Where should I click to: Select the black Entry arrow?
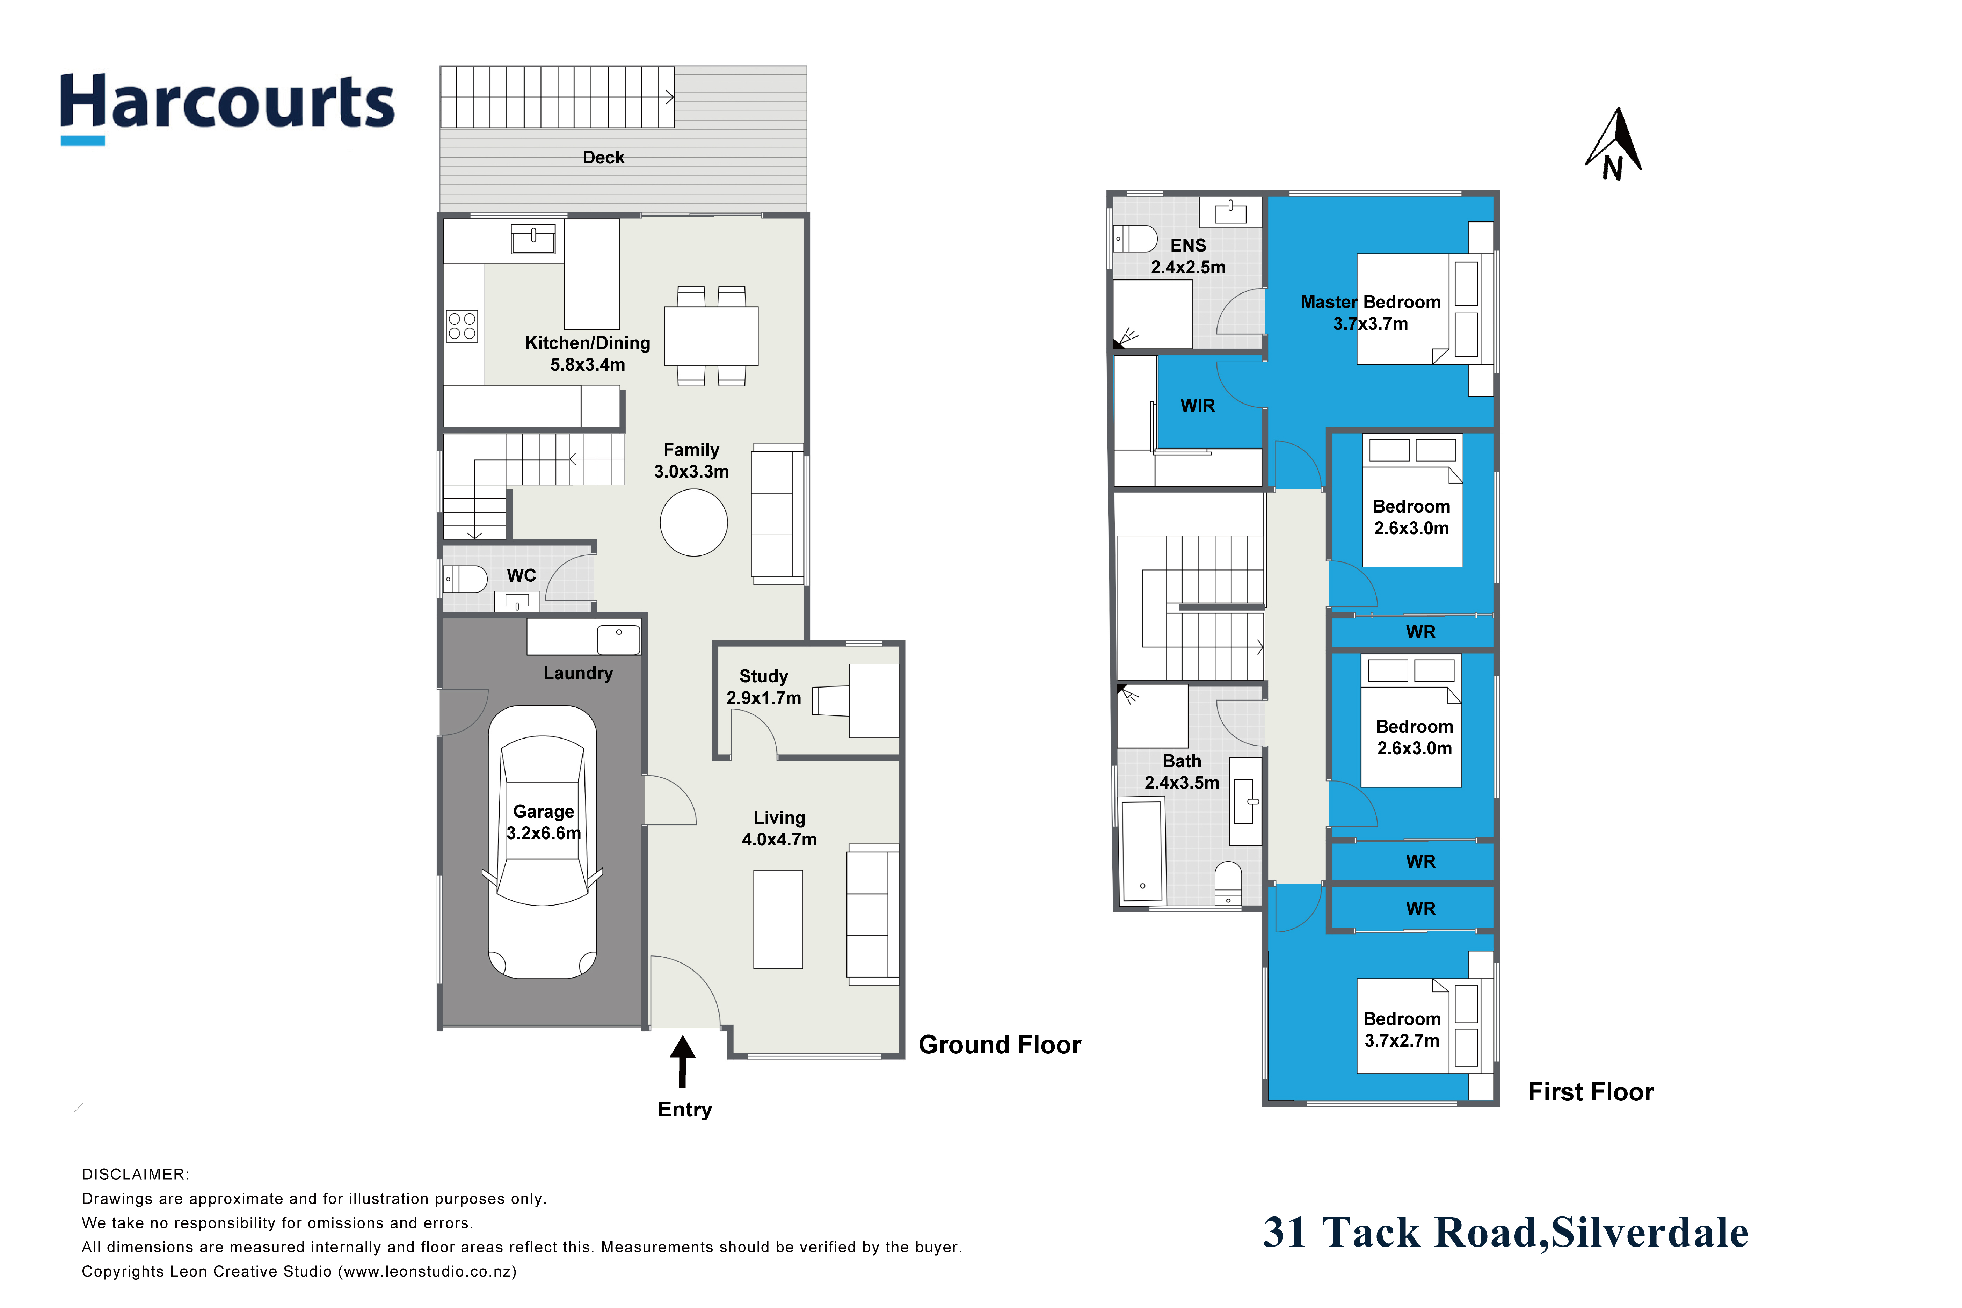pos(682,1061)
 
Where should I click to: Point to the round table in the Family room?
pos(693,522)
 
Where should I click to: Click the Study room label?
pos(763,676)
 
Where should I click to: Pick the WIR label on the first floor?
pos(1197,405)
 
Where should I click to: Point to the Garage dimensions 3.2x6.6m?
pos(543,833)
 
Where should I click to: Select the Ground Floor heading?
pos(1000,1044)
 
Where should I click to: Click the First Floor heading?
pos(1590,1092)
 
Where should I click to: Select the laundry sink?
pos(618,639)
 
